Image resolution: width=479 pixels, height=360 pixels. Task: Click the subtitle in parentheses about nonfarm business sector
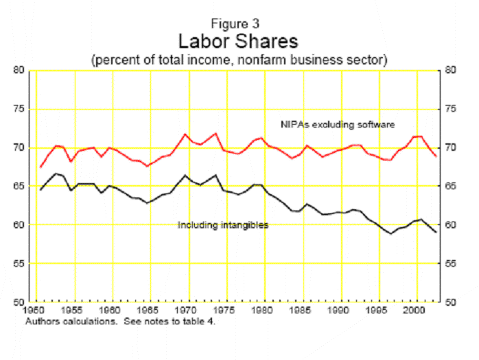coord(239,60)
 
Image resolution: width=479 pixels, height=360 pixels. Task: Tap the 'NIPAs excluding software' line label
coord(338,125)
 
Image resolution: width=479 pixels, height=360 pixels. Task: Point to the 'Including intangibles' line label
coord(223,225)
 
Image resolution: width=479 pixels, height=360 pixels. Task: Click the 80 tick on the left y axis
coord(19,70)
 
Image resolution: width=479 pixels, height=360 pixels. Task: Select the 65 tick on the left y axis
coord(19,187)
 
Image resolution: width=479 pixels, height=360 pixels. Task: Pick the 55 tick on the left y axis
coord(19,264)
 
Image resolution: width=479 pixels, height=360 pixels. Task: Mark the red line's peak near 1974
coord(215,133)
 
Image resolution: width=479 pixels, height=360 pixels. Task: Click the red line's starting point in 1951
coord(41,167)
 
